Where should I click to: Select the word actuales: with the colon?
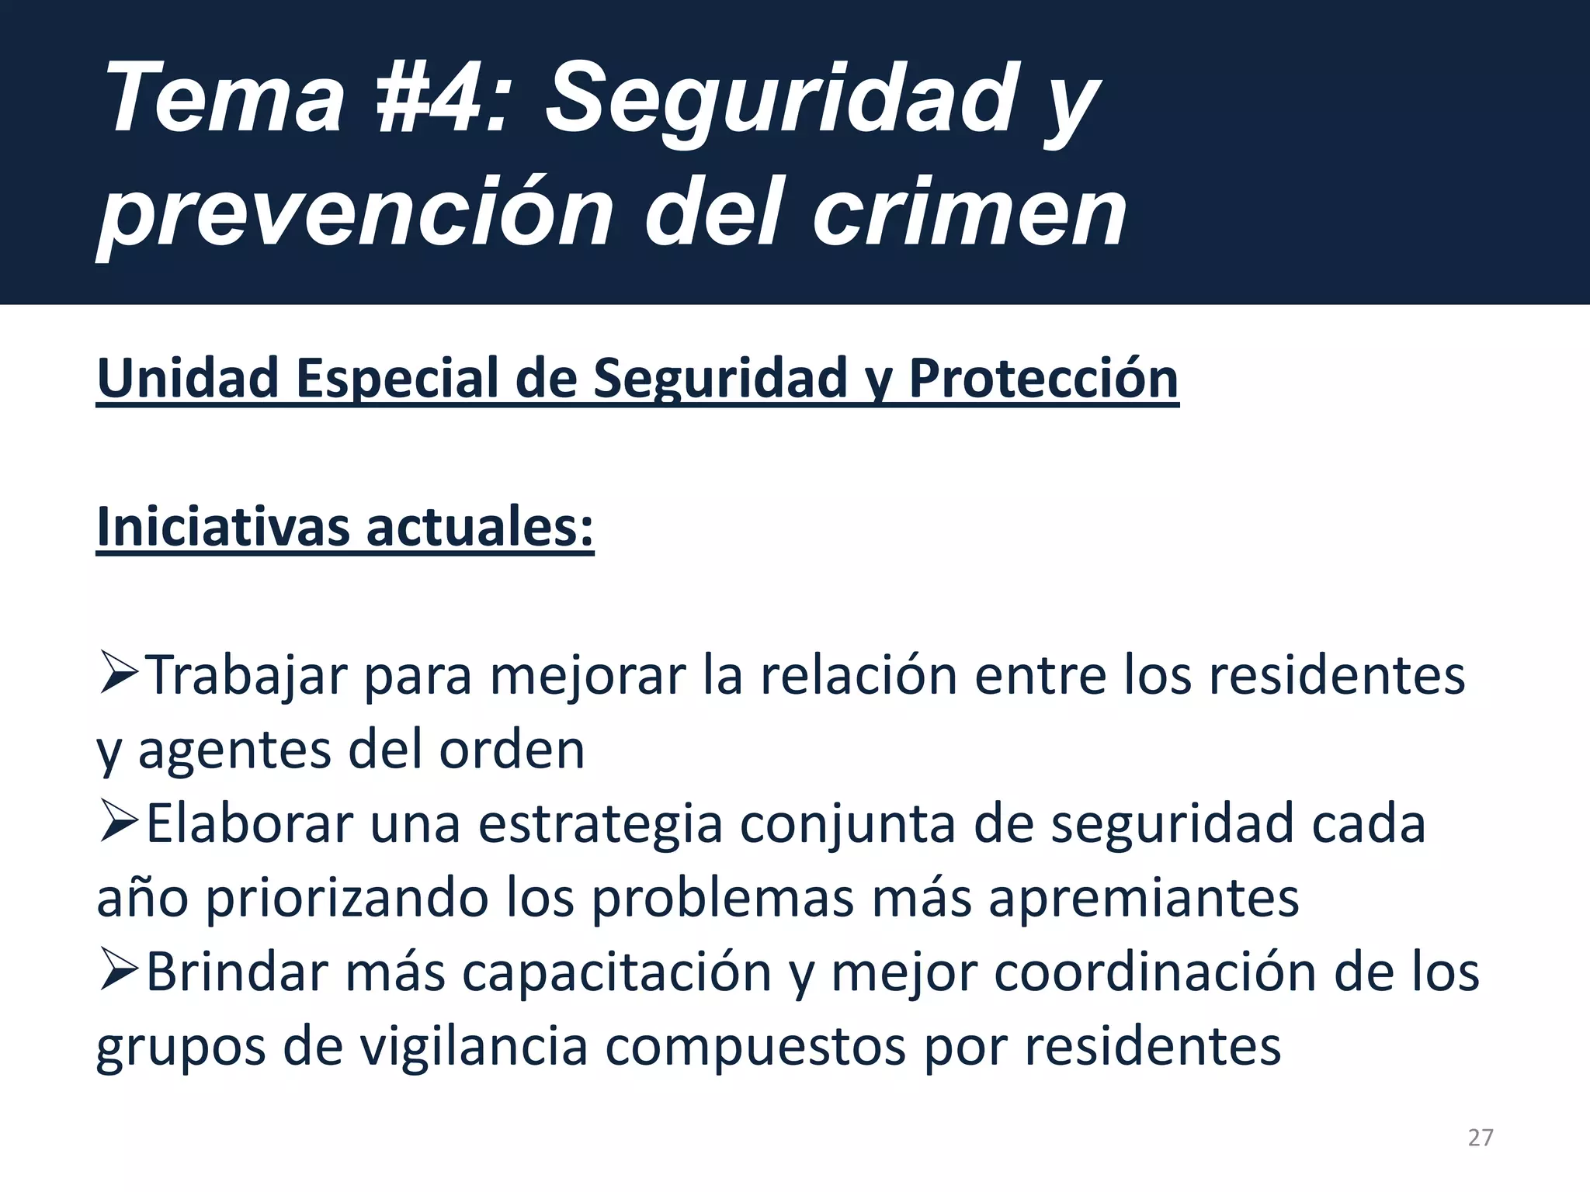(480, 528)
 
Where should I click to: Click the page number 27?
(1480, 1138)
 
